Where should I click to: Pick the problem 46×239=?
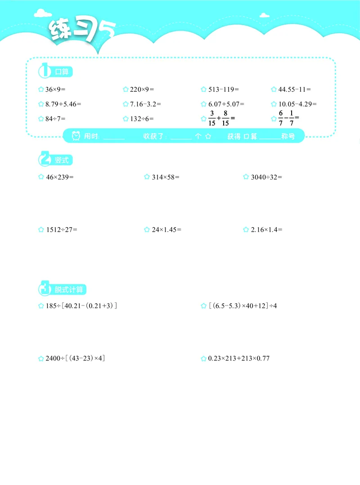(59, 177)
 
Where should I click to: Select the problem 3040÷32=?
(266, 177)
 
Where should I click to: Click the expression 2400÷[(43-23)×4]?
(75, 359)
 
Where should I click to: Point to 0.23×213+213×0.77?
(238, 359)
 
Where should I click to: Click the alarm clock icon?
(76, 136)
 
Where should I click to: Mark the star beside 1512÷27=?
(41, 230)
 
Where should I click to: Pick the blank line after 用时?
(114, 137)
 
